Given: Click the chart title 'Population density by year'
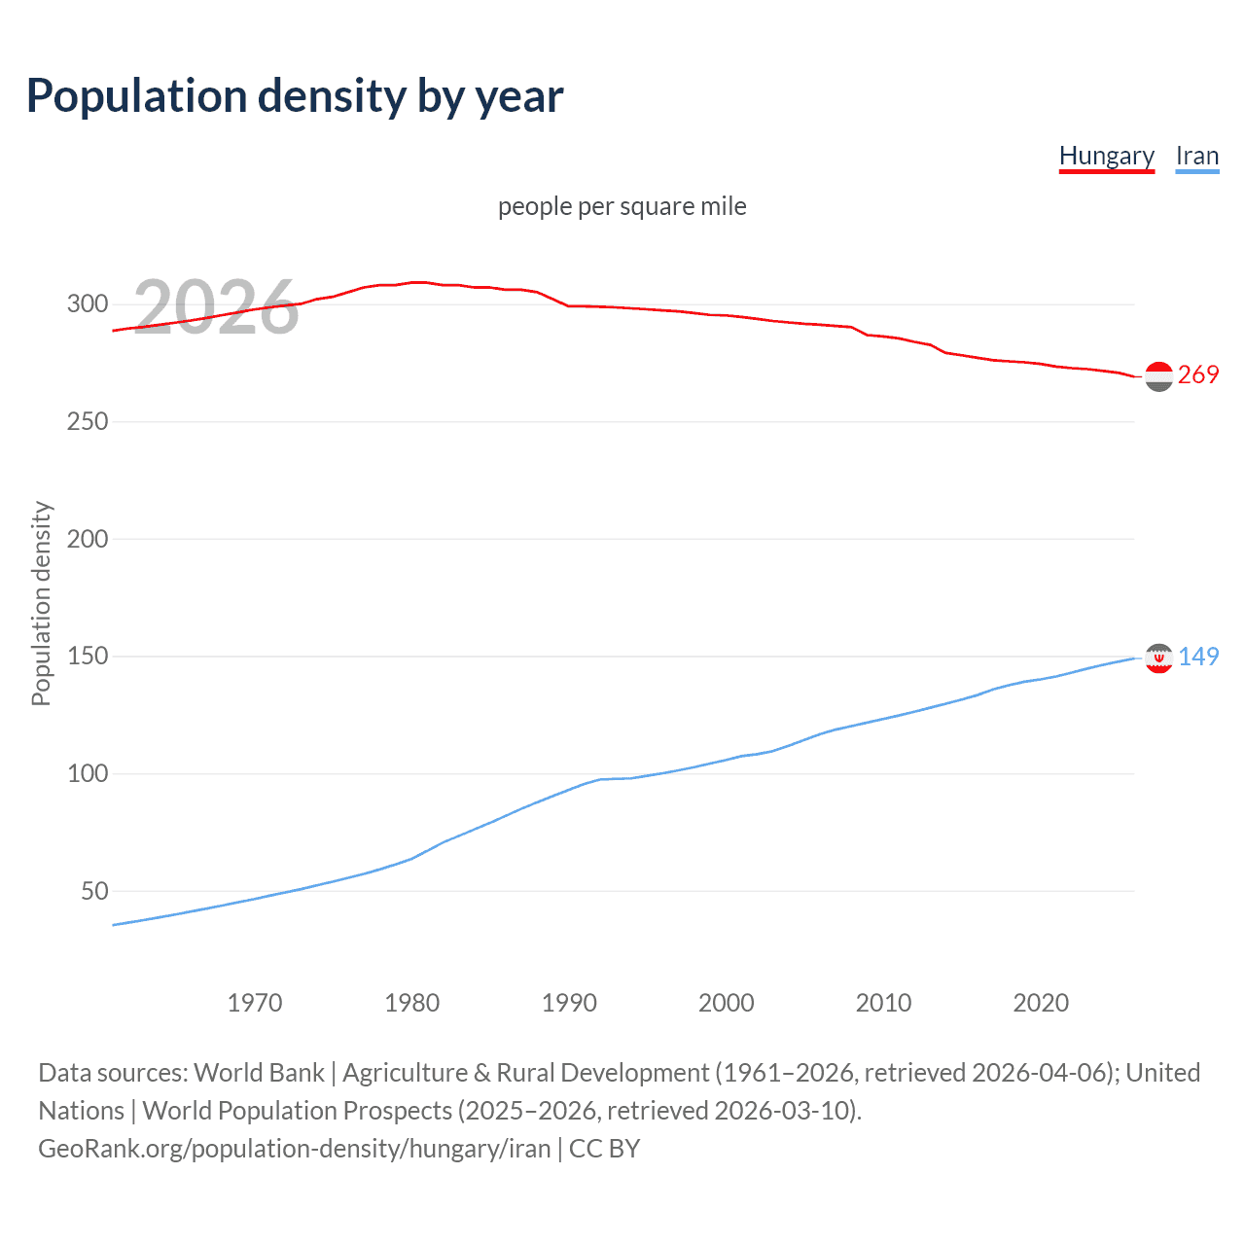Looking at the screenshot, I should (295, 96).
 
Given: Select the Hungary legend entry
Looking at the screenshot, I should (1106, 156).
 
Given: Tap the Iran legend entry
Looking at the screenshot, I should (1196, 156).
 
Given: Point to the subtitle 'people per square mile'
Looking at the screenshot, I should (622, 206).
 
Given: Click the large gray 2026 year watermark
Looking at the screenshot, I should (216, 307).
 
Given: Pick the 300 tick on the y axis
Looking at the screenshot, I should (88, 304).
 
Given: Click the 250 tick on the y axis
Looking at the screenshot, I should (88, 422).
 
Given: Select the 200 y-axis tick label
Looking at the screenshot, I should (88, 539).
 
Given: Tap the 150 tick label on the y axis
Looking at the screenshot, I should (88, 657).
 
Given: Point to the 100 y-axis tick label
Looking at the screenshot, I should (88, 774).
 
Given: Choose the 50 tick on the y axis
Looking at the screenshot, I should (94, 891).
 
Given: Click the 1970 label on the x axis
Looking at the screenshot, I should (255, 1003).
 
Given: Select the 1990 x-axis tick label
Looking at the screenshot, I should (569, 1003).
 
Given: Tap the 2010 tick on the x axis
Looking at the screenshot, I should (883, 1003).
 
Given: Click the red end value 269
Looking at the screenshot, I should (1198, 375).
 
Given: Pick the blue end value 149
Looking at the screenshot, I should (1198, 658).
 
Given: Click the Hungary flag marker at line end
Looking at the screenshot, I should (1158, 376).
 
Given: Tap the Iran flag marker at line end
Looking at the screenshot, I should (1158, 658).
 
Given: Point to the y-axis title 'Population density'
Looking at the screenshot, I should (41, 603).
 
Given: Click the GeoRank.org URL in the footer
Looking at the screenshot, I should (295, 1149).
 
